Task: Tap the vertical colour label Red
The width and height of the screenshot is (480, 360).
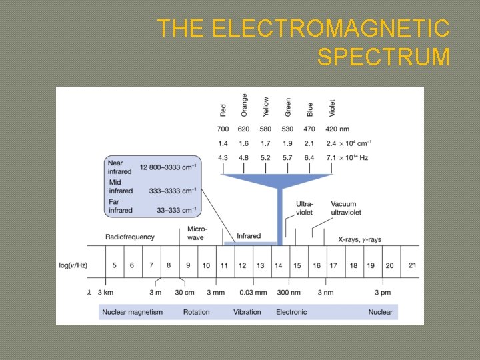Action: (x=223, y=109)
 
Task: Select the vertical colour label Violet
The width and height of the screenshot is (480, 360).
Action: (x=332, y=107)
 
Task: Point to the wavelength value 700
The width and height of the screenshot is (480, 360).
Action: (x=223, y=129)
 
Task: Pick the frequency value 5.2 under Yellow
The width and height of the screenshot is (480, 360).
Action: (x=266, y=157)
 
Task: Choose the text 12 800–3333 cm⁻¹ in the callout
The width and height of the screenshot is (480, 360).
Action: (x=169, y=165)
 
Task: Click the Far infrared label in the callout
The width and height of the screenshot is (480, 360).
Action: (x=121, y=206)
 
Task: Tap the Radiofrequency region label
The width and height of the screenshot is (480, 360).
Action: (x=130, y=237)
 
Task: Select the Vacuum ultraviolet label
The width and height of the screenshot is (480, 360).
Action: (x=346, y=208)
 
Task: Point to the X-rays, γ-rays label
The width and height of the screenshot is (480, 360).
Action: (x=360, y=239)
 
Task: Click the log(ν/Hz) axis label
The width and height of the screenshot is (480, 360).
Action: (x=74, y=265)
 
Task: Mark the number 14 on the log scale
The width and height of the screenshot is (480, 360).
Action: (x=279, y=265)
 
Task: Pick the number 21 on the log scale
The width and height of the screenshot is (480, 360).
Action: (x=412, y=265)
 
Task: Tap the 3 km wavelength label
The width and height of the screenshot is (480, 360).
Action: (x=105, y=292)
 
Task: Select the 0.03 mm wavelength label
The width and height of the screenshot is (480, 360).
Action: (x=254, y=292)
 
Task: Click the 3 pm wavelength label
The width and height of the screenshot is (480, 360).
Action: (x=382, y=292)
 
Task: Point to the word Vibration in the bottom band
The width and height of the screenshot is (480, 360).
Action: (x=247, y=312)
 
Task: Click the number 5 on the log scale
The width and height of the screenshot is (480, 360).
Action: (x=115, y=265)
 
